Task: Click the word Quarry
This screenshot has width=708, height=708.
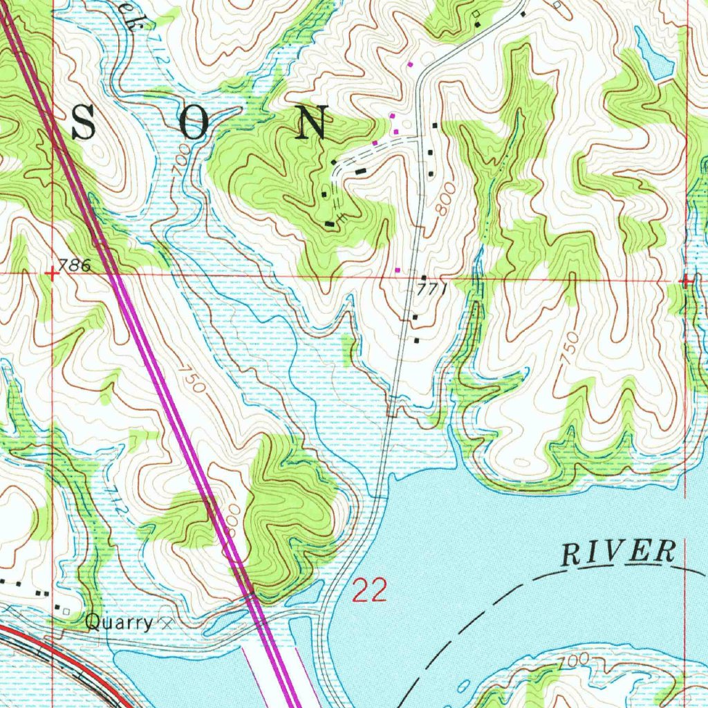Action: click(x=118, y=623)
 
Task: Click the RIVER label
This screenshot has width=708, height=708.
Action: click(x=617, y=553)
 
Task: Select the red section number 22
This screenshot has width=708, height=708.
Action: click(x=370, y=592)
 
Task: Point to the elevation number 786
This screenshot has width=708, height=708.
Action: click(x=75, y=265)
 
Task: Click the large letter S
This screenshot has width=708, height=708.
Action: click(x=84, y=125)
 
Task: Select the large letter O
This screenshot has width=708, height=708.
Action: click(x=195, y=125)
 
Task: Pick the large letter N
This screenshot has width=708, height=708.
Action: click(x=313, y=124)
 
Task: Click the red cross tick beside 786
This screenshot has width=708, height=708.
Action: click(x=52, y=274)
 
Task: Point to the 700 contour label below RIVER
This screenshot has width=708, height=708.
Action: click(x=577, y=660)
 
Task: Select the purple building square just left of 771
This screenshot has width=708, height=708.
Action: click(x=397, y=270)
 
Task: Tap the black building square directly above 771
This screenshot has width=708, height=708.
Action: click(x=423, y=277)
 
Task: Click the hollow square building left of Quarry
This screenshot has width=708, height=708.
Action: click(x=66, y=611)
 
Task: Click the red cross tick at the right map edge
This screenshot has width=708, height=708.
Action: click(x=686, y=281)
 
